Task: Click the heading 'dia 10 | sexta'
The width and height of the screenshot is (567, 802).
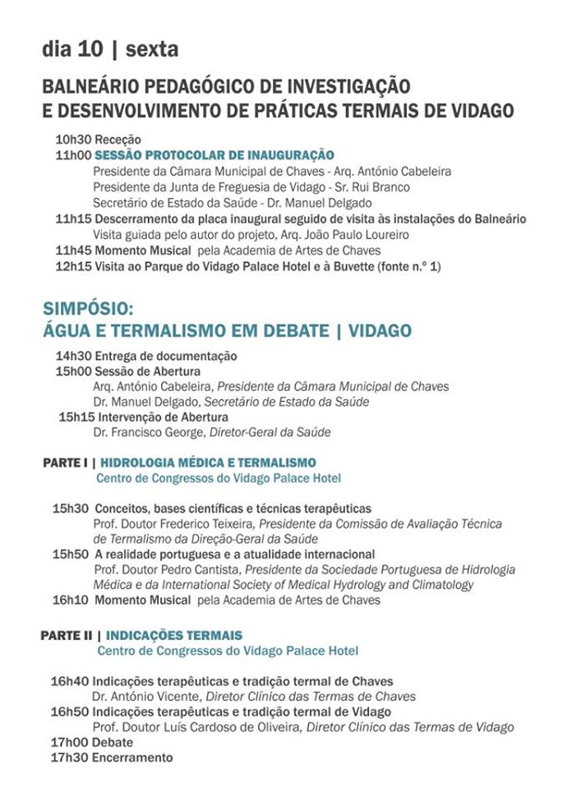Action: coord(110,50)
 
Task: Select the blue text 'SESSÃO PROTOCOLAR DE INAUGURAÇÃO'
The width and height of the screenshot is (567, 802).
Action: coord(214,155)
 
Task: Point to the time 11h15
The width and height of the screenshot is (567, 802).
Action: coord(73,219)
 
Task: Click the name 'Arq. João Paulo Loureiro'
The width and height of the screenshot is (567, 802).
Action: coord(351,235)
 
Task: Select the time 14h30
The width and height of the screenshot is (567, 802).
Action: coord(73,356)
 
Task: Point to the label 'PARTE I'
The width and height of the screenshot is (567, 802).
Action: coord(65,463)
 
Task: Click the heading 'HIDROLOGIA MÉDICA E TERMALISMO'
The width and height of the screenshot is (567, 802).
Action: coord(208,463)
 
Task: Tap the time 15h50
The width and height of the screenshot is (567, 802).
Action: coord(70,555)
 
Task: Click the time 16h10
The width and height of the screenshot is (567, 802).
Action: coord(70,601)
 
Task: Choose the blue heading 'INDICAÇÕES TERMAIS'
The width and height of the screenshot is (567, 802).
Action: coord(174,636)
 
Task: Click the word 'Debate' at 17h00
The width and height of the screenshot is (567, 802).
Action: coord(113,743)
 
